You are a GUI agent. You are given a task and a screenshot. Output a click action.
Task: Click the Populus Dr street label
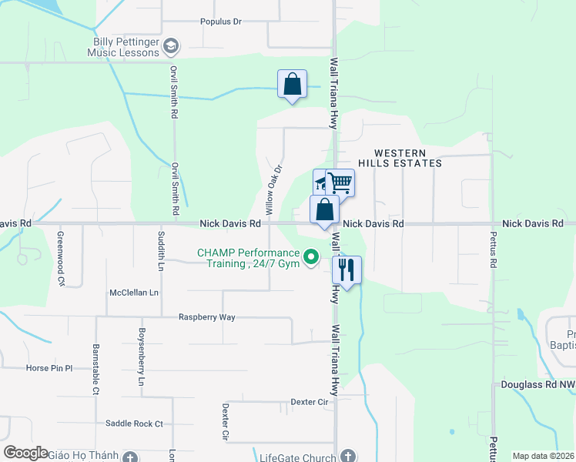tap(221, 22)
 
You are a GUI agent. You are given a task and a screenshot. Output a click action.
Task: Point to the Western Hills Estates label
tap(408, 158)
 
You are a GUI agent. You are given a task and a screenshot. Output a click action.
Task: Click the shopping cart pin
tap(340, 183)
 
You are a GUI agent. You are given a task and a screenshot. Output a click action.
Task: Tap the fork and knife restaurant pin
tap(347, 270)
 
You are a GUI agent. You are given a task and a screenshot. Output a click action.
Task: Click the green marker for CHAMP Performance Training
tap(311, 257)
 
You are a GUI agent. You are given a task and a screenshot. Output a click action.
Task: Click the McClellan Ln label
tap(134, 293)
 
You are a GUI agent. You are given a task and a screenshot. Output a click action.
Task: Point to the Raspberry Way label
tap(206, 317)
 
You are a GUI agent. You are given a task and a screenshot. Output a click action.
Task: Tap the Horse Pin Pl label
tap(49, 368)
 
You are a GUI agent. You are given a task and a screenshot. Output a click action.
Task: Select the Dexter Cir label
tap(310, 402)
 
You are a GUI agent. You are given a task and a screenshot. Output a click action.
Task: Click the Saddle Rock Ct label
tap(134, 423)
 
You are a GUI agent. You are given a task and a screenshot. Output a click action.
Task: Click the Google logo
tap(25, 452)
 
